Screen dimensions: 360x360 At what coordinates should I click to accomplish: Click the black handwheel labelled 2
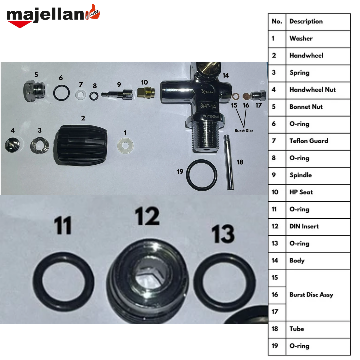click(81, 145)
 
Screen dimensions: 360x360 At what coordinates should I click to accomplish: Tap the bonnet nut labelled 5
click(34, 91)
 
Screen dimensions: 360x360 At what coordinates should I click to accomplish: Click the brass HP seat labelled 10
click(146, 92)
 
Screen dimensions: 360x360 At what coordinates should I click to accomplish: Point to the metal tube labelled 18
click(228, 162)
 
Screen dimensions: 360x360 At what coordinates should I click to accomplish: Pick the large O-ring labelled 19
click(202, 175)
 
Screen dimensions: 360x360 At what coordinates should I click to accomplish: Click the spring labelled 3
click(39, 145)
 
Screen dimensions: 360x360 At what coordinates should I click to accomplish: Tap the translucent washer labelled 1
click(125, 146)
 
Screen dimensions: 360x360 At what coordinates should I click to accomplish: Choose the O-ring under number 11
click(63, 282)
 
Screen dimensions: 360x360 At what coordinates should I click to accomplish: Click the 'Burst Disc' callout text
click(244, 131)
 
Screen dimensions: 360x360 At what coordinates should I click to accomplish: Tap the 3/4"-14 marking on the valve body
click(208, 106)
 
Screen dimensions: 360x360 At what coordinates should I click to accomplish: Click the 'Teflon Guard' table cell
click(309, 141)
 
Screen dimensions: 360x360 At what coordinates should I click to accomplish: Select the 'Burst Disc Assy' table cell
click(311, 295)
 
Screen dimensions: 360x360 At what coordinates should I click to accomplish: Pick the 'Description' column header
click(306, 21)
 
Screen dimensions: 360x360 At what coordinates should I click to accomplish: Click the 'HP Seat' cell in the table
click(301, 192)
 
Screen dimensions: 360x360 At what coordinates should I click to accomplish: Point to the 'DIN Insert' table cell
click(304, 226)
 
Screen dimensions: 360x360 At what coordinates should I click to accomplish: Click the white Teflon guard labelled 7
click(81, 95)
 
